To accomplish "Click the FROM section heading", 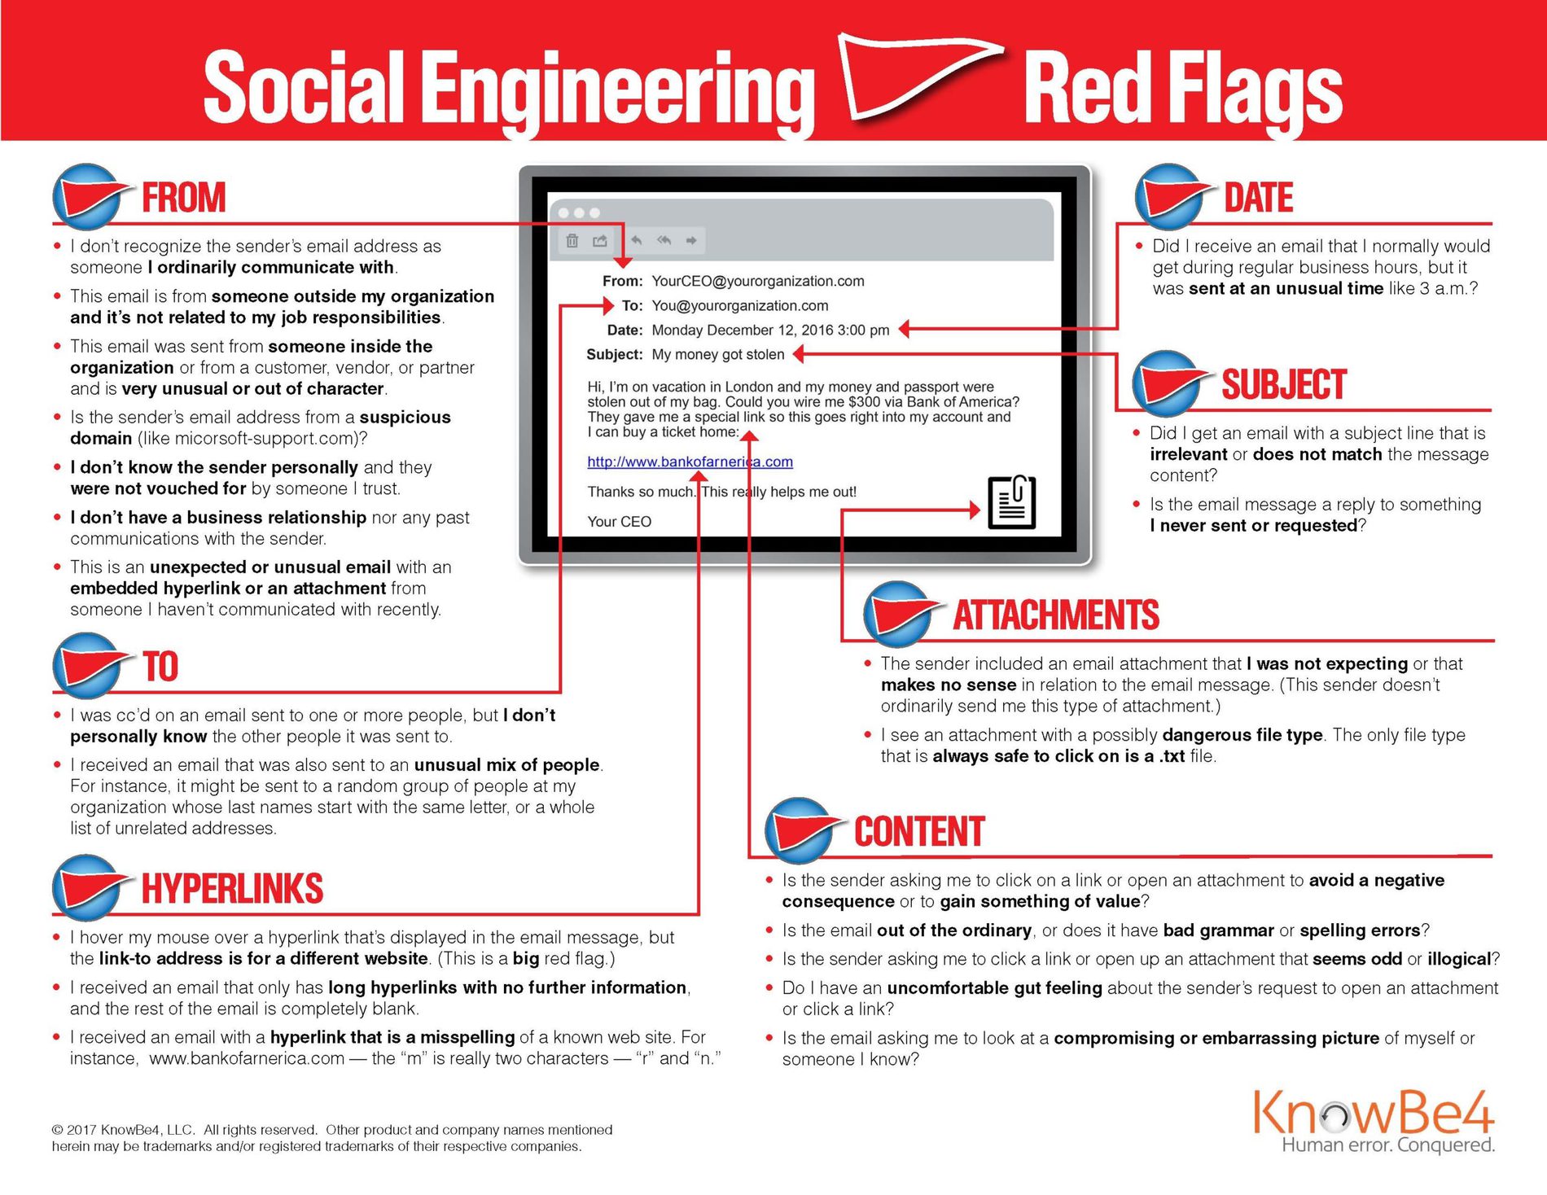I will coord(183,198).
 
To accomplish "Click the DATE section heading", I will coord(1258,198).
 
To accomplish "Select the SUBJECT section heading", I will coord(1283,385).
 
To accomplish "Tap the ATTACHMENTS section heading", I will coord(1056,615).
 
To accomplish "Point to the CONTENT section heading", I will coord(919,832).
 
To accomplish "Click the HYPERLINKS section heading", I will coord(232,889).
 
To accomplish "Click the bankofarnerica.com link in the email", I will coord(690,462).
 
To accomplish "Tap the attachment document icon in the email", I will coord(1011,502).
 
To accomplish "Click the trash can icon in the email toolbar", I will coord(572,241).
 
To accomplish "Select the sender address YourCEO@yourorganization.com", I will coord(757,281).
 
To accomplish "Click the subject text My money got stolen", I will coord(717,354).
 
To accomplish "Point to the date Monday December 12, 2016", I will coord(769,330).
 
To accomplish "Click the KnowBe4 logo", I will coord(1373,1114).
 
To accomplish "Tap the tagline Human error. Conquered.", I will coord(1387,1145).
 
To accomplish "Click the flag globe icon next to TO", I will coord(85,666).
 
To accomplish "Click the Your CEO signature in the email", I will coord(619,521).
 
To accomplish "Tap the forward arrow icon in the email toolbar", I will coord(691,241).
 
